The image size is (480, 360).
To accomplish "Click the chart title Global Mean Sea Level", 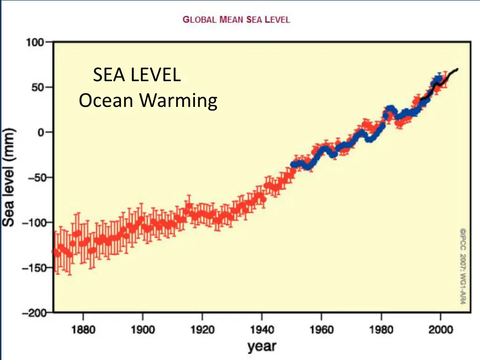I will click(236, 20).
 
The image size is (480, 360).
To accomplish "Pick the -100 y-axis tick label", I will click(32, 223).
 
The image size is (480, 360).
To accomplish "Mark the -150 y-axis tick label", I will click(32, 268).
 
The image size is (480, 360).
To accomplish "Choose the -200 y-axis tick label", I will click(32, 313).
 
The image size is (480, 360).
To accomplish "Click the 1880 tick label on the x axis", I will click(83, 329).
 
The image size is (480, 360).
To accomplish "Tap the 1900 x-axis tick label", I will click(142, 329).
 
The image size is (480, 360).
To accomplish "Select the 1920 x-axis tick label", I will click(202, 329).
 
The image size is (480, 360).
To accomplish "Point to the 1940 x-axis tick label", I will click(262, 329).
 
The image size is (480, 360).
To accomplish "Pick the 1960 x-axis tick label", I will click(321, 329).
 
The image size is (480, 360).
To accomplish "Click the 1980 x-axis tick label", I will click(381, 329).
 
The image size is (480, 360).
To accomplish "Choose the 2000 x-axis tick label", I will click(440, 329).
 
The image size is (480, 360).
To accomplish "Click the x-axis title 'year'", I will click(262, 347).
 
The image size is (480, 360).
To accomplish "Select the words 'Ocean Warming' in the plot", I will click(148, 101).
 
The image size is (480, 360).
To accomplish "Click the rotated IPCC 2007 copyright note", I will click(462, 266).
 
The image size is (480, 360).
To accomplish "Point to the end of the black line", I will click(457, 69).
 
